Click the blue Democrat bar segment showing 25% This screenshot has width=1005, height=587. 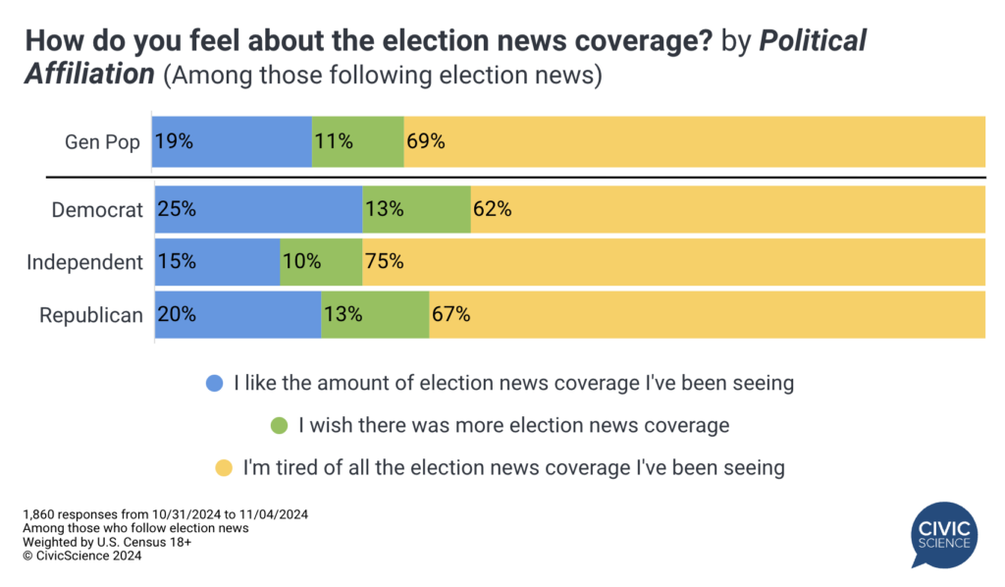tap(258, 209)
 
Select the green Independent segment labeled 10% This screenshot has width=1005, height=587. tap(321, 262)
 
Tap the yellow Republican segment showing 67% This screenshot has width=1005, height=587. tap(707, 315)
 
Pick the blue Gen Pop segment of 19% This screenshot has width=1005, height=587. tap(232, 141)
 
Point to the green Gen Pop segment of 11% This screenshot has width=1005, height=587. tap(357, 141)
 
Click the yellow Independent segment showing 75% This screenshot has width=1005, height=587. tap(673, 262)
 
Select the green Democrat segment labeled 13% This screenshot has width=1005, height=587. tap(416, 209)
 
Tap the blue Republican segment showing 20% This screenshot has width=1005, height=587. tap(238, 315)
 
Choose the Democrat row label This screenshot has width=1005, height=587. tap(98, 209)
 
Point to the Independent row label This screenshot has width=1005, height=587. tap(84, 262)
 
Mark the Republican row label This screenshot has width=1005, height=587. tap(90, 315)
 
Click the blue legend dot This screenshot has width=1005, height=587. tap(213, 384)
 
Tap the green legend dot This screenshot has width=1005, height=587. tap(279, 426)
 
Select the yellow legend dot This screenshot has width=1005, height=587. tap(222, 468)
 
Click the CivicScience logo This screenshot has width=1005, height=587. tap(943, 535)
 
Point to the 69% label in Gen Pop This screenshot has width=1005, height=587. tap(425, 141)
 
